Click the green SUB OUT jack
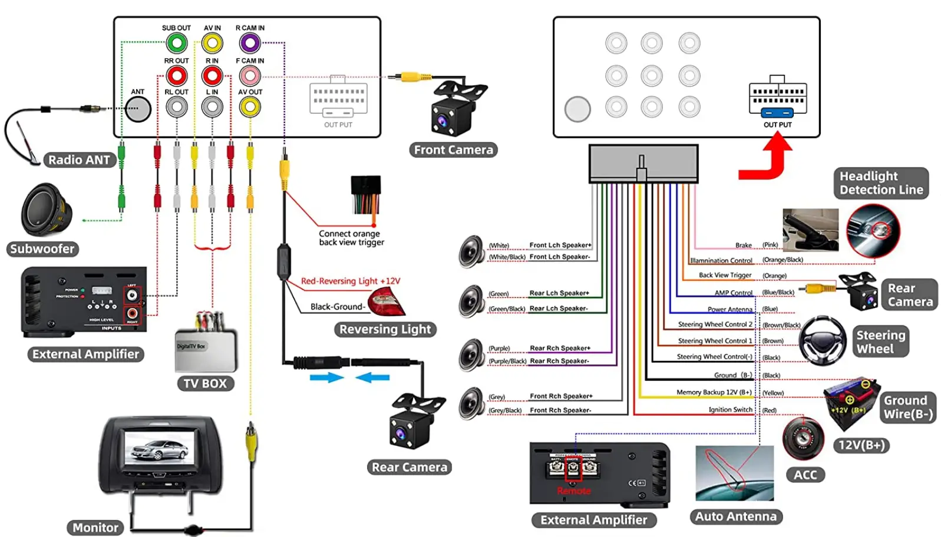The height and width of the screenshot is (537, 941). tap(176, 43)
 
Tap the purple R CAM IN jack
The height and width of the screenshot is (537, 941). tap(250, 43)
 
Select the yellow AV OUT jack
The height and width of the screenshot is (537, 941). tap(250, 107)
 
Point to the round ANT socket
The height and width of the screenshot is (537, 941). tap(138, 109)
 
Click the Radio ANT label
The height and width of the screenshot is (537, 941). tap(79, 160)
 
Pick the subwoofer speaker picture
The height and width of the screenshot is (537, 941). tap(46, 210)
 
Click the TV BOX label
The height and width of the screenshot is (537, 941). tap(205, 383)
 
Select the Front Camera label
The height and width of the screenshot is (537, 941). tap(453, 150)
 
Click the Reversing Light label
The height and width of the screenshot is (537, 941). tap(385, 329)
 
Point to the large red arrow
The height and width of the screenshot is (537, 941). tap(765, 159)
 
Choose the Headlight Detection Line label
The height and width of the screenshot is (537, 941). tap(881, 183)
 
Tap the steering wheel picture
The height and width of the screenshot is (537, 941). tap(823, 340)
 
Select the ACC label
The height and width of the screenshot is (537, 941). tap(805, 475)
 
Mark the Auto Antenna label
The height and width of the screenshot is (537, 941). tap(735, 516)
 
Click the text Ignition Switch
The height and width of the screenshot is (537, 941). tap(730, 410)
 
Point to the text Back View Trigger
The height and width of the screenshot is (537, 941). tap(725, 275)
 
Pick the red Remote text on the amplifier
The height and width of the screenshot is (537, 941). tap(573, 490)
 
